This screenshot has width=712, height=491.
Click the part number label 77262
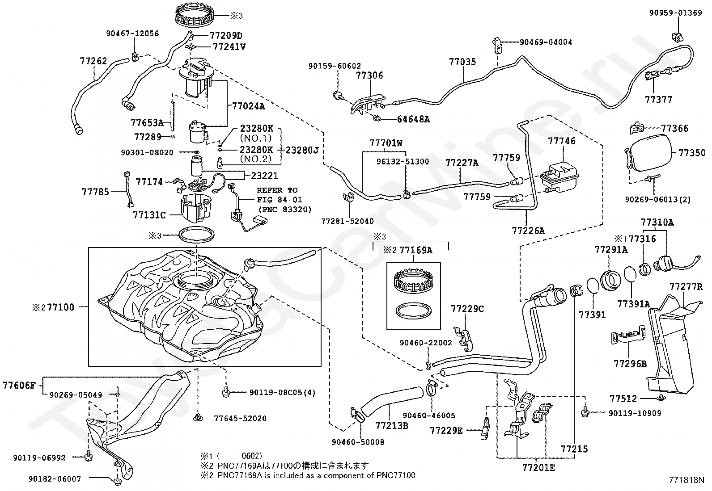(x=94, y=61)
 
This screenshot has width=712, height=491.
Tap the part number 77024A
(x=248, y=106)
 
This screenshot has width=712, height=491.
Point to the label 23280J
(x=302, y=150)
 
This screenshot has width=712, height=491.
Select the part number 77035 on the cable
(x=462, y=62)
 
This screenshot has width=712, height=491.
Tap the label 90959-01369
(x=676, y=13)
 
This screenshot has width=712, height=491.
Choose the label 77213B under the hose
(x=391, y=426)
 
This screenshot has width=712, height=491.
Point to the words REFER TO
(x=277, y=190)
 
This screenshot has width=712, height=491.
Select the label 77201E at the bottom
(x=538, y=468)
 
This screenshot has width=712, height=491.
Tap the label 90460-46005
(x=429, y=415)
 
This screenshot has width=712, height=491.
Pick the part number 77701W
(x=386, y=143)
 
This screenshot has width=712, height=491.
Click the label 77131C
(x=149, y=215)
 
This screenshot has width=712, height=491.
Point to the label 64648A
(x=414, y=119)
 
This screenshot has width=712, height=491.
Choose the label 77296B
(x=630, y=364)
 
